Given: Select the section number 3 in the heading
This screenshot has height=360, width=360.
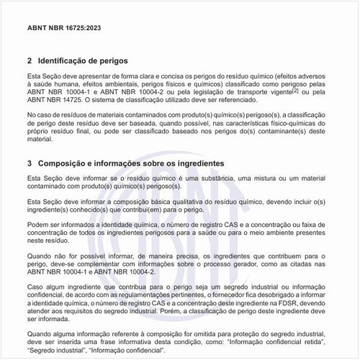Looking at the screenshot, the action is click(x=29, y=163).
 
